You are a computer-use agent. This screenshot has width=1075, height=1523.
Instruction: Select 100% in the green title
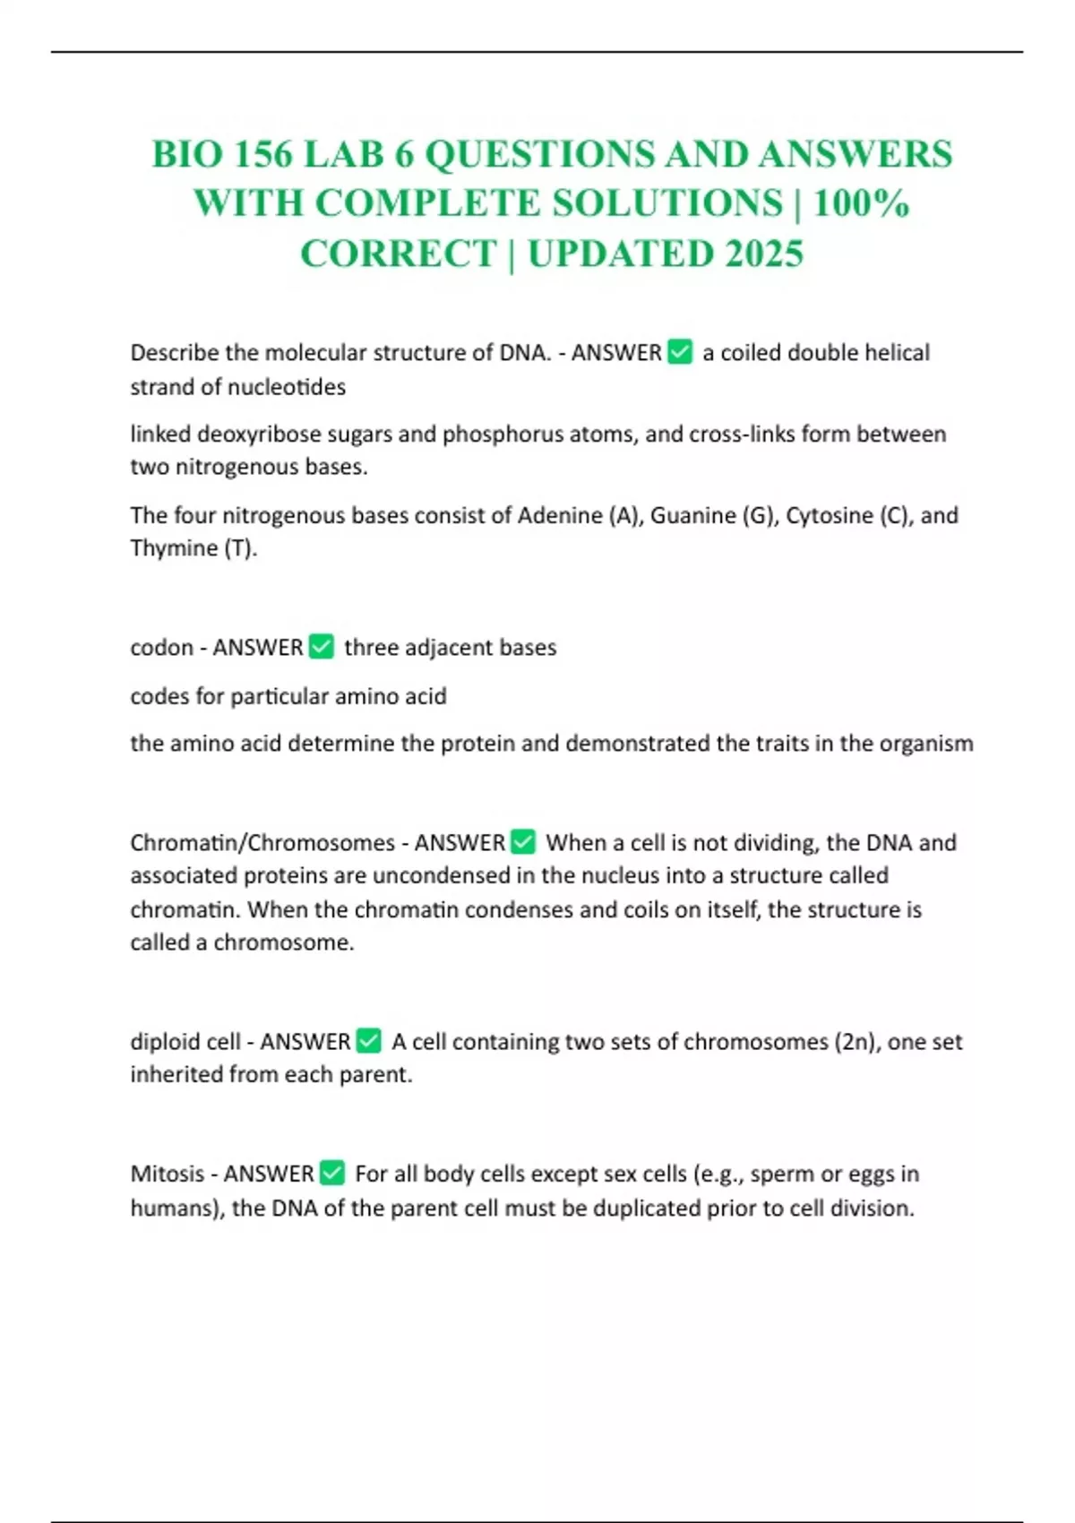pos(861,204)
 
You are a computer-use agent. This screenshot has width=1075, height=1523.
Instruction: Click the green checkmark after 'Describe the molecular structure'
pos(680,352)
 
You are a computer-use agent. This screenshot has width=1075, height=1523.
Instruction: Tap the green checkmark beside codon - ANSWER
pos(321,647)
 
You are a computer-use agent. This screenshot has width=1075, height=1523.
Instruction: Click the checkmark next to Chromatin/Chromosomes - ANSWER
pos(523,842)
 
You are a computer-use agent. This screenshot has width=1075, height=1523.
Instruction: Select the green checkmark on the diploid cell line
pos(369,1041)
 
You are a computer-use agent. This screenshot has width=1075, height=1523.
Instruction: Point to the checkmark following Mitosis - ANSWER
pos(331,1173)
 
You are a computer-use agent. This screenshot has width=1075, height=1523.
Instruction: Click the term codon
pos(161,648)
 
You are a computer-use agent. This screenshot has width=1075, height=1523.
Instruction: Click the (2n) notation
pos(854,1042)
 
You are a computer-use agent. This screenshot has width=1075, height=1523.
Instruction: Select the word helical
pos(897,353)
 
